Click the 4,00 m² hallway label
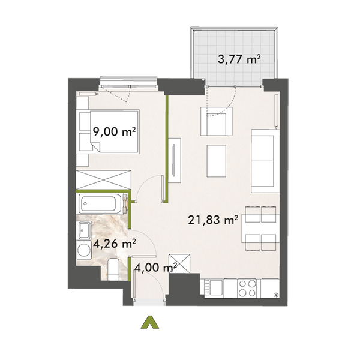pyautogui.click(x=154, y=268)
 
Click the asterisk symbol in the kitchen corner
pyautogui.click(x=276, y=294)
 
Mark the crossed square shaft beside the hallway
pyautogui.click(x=181, y=262)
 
